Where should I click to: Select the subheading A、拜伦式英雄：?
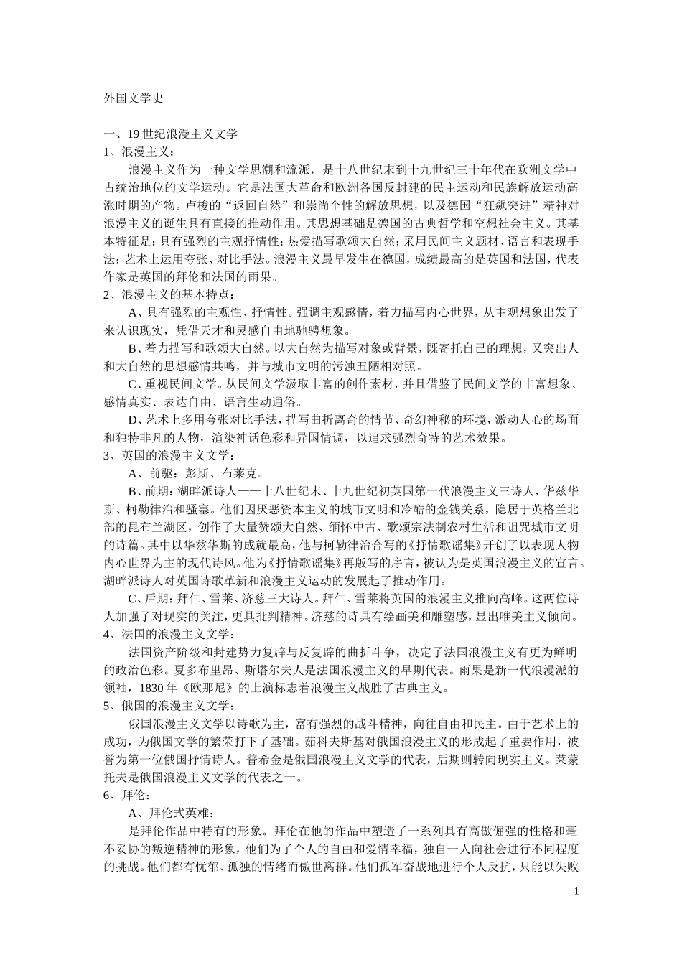(169, 813)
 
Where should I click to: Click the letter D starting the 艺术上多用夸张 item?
(132, 419)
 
